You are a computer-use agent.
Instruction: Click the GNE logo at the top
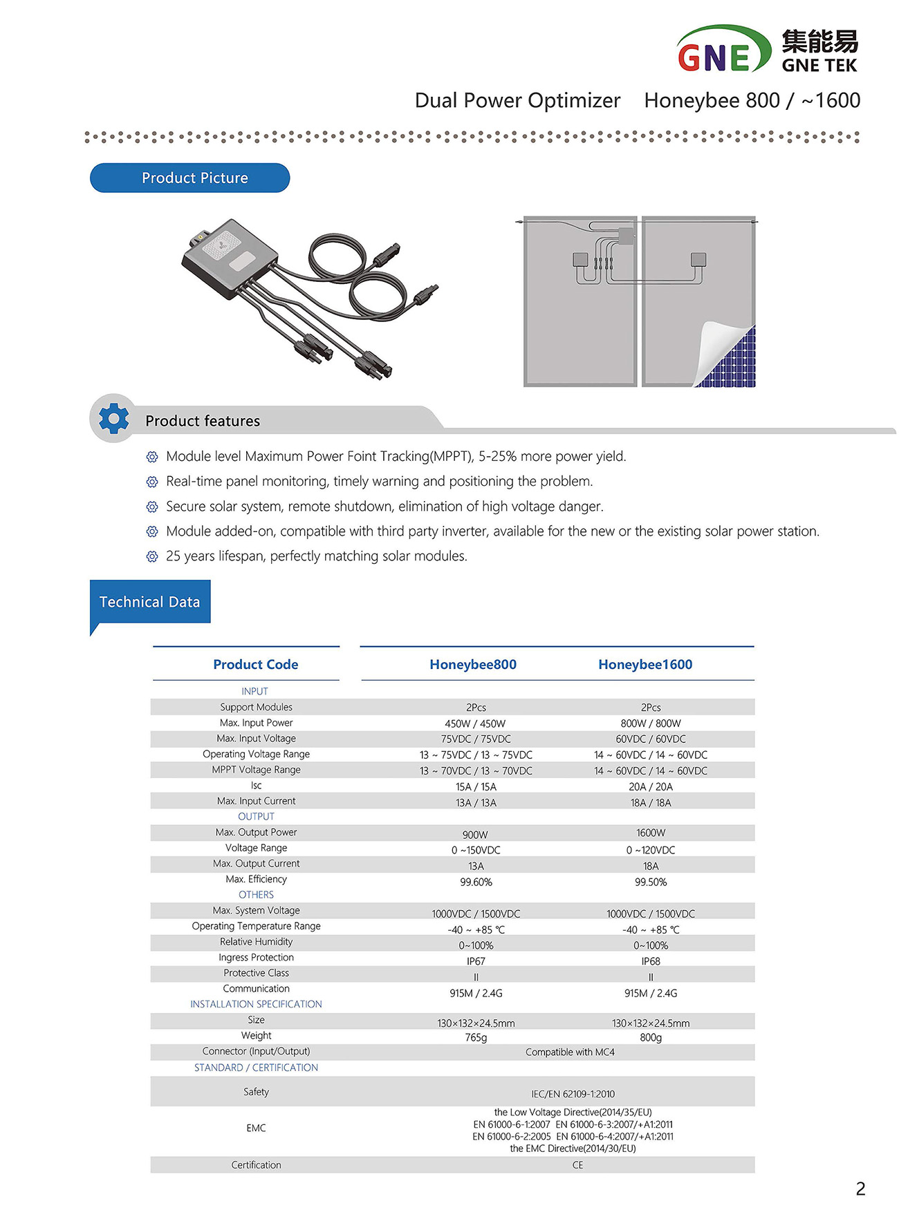[x=723, y=50]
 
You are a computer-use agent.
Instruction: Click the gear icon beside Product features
[x=113, y=419]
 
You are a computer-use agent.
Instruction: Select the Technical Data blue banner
[x=150, y=602]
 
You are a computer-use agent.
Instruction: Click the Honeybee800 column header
[x=473, y=664]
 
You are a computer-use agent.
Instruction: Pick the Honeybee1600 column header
[x=645, y=664]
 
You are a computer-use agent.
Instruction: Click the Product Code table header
[x=255, y=664]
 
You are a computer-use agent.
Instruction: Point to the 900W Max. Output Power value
[x=475, y=835]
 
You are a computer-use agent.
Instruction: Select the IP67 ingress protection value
[x=476, y=961]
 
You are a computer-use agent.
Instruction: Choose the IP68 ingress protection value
[x=650, y=961]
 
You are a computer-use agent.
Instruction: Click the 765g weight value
[x=476, y=1037]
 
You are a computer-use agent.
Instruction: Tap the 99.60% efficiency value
[x=476, y=882]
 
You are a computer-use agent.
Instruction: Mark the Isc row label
[x=256, y=786]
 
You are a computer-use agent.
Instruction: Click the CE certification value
[x=577, y=1165]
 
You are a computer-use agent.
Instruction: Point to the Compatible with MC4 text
[x=570, y=1052]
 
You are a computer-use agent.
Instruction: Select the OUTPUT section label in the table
[x=256, y=816]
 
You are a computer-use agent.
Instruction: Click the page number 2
[x=860, y=1189]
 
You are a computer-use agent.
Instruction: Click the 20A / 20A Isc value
[x=650, y=786]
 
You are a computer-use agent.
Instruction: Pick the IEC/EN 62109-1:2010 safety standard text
[x=573, y=1094]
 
